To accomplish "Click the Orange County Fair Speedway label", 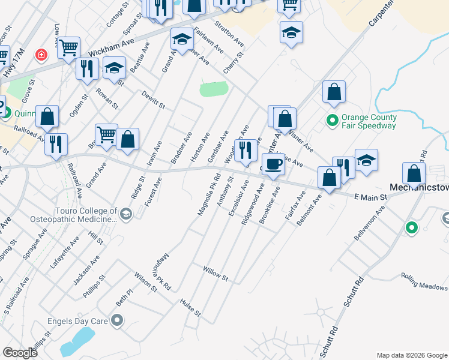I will click(368, 122).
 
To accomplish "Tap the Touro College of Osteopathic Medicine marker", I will click(125, 214).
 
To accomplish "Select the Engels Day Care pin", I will click(116, 321).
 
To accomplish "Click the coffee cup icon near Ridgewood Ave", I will click(273, 164).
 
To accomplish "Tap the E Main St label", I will click(369, 197).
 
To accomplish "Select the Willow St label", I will click(215, 274).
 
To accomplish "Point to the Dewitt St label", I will click(153, 100).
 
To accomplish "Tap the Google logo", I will click(20, 353).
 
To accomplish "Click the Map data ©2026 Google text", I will click(411, 355).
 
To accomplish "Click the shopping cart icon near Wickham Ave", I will click(69, 47).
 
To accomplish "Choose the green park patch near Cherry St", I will click(214, 89).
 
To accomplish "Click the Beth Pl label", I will click(124, 298).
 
